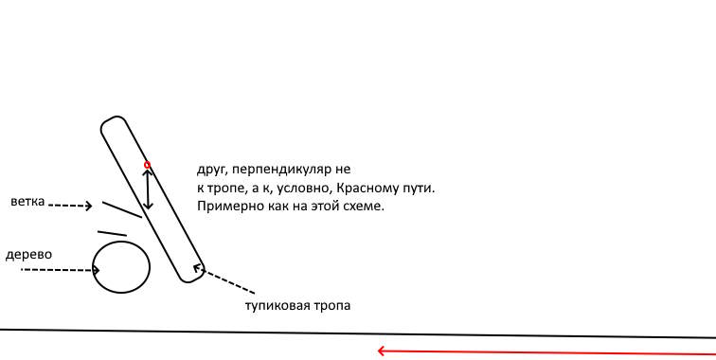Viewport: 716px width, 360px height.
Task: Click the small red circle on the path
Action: (147, 165)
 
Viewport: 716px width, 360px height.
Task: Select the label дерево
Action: (28, 256)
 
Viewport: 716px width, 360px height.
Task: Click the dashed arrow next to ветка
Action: (69, 205)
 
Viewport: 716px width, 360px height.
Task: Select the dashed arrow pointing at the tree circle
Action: (61, 270)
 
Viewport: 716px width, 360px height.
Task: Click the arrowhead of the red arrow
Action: (381, 351)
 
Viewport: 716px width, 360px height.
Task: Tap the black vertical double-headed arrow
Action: (147, 188)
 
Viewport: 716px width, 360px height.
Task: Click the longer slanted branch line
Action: (121, 208)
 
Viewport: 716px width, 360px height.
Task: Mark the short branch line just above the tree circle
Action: (112, 233)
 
